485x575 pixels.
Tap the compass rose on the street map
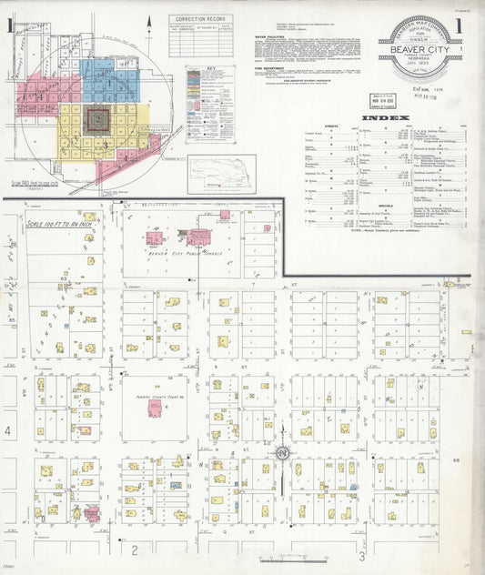click(283, 452)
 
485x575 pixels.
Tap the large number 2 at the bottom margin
click(134, 550)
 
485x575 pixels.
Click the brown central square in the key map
click(96, 118)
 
